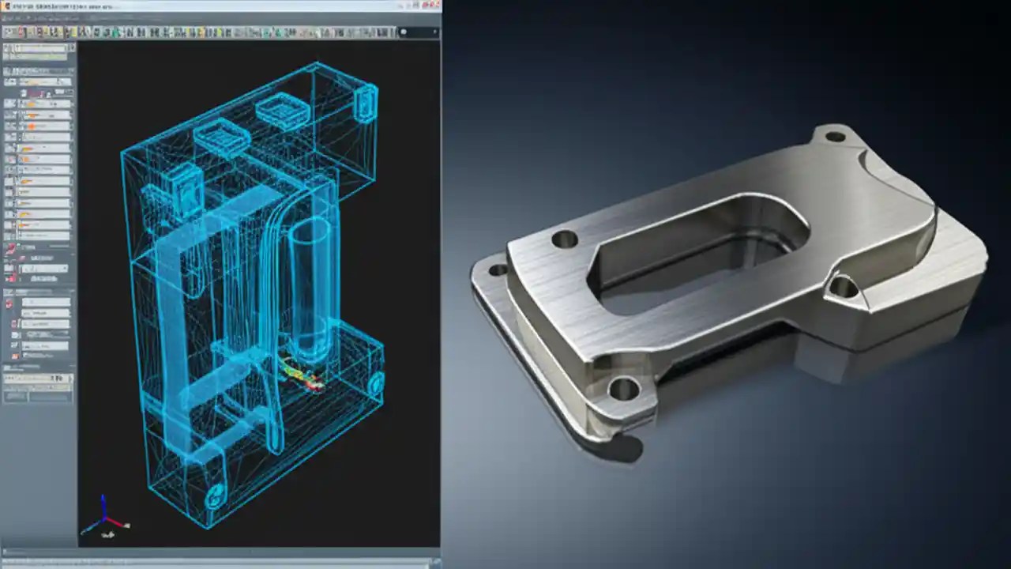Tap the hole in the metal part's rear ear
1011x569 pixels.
(835, 137)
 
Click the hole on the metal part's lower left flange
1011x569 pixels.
(498, 270)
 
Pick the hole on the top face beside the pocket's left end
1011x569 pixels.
(565, 239)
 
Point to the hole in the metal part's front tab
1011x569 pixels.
(624, 388)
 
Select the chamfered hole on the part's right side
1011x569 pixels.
(843, 286)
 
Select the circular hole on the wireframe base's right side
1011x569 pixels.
(376, 383)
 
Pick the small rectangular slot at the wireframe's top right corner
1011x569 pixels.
(366, 103)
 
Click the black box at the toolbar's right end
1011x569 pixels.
(419, 32)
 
